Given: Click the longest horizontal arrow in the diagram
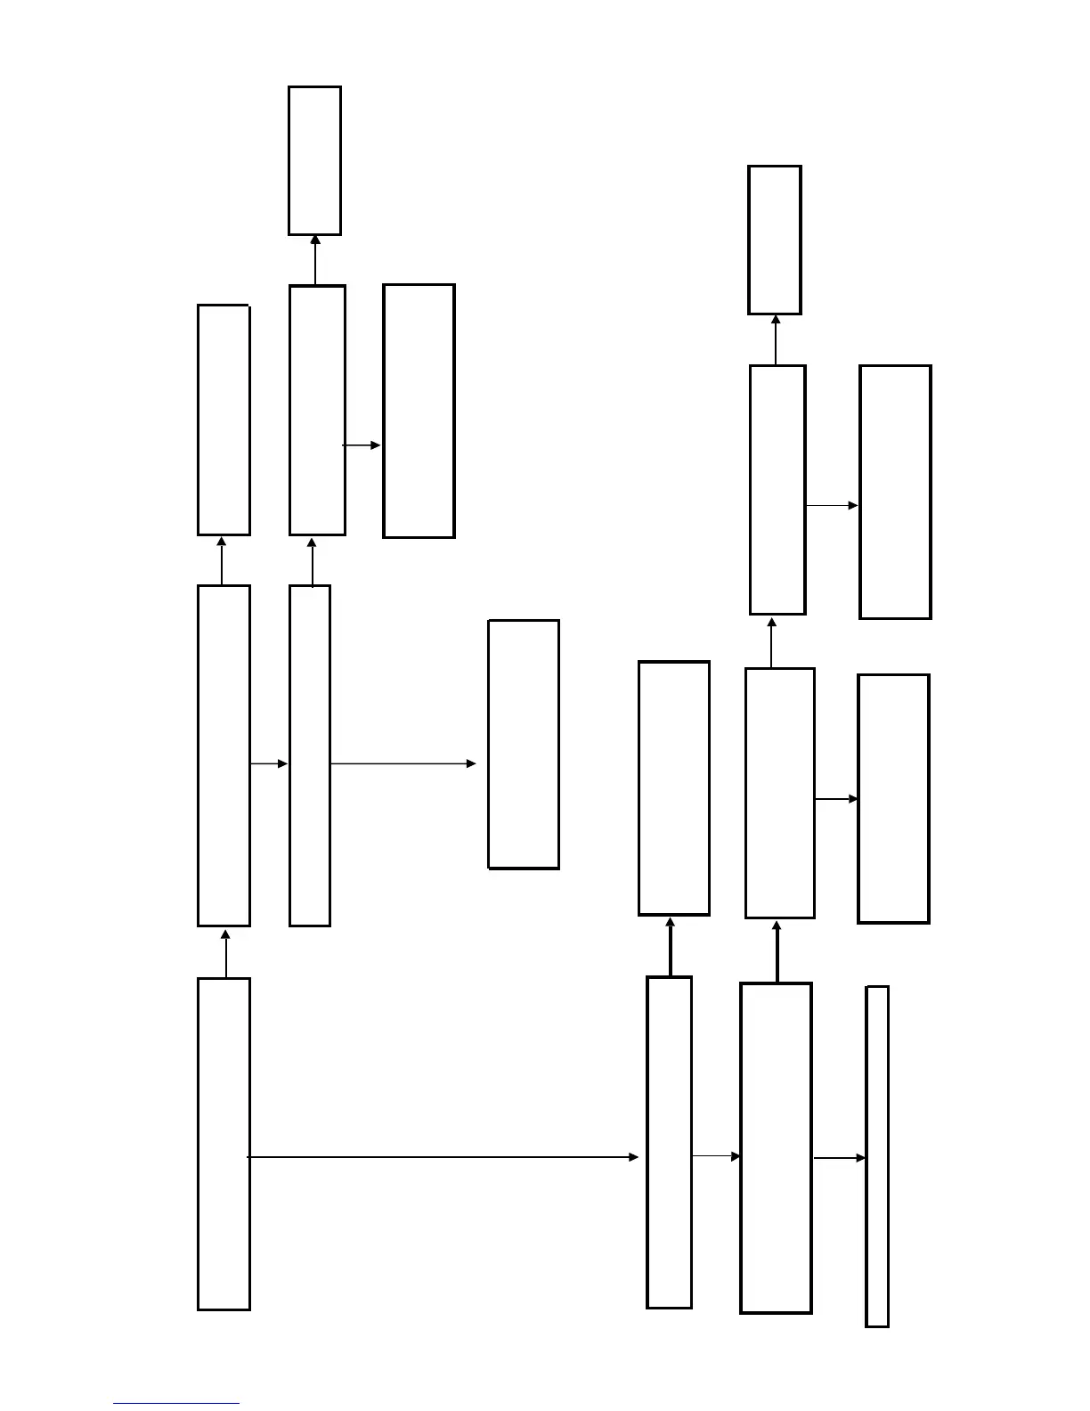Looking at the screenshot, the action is [x=443, y=1157].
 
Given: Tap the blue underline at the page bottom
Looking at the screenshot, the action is [x=176, y=1404].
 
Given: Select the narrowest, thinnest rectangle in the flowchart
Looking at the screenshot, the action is [x=877, y=1156].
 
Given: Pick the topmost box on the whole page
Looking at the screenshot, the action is [x=314, y=161].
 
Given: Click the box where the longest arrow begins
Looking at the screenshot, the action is [x=224, y=1144].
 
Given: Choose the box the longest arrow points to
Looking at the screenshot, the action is [x=669, y=1143].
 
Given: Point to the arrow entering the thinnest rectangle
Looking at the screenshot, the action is [x=839, y=1158].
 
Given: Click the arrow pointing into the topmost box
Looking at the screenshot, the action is [x=315, y=260].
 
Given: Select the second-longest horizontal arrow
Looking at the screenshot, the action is [x=403, y=763].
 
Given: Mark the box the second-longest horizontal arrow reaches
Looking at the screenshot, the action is [x=524, y=745].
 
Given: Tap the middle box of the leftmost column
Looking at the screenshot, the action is [x=224, y=755].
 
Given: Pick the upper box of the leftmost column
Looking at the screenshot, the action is [x=224, y=420].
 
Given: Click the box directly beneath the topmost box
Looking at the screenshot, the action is [x=317, y=411].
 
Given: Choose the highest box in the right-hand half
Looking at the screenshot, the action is [x=775, y=240].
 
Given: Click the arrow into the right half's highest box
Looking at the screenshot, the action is [x=776, y=339].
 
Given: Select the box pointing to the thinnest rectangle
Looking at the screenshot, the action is [x=776, y=1148].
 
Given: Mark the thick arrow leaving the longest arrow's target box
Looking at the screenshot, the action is [x=670, y=946].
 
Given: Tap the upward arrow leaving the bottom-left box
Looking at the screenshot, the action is [x=225, y=953].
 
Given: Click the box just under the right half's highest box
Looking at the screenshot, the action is [x=777, y=490].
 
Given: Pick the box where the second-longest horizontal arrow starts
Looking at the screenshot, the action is [x=310, y=755].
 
